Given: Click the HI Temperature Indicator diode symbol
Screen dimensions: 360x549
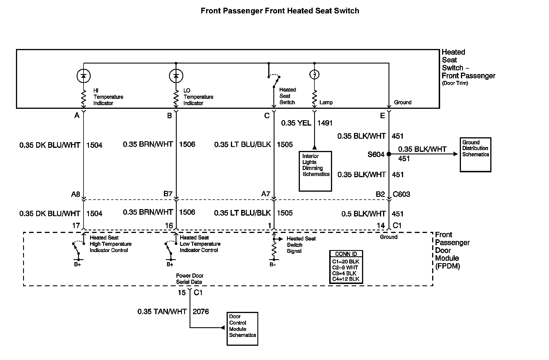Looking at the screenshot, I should (84, 76).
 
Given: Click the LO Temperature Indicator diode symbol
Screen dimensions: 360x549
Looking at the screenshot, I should (176, 76).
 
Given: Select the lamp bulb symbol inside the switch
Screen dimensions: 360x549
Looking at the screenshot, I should (314, 75).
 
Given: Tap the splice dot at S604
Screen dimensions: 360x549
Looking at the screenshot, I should (389, 154).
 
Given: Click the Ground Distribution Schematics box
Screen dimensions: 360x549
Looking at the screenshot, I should (475, 155).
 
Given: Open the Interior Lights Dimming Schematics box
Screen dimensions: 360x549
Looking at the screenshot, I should (315, 171).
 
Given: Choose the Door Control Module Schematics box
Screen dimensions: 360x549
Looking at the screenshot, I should (242, 329).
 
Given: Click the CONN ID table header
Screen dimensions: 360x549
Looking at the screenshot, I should (346, 254).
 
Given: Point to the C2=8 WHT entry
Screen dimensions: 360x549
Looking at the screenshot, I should (345, 267).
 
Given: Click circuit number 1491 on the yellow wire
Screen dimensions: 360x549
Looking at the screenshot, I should (325, 123).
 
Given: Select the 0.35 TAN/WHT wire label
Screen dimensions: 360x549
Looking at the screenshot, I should (162, 312).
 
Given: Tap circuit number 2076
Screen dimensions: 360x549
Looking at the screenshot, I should (201, 312).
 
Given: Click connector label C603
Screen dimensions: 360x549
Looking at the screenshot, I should (401, 194).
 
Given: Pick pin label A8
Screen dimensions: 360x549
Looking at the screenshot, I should (76, 194).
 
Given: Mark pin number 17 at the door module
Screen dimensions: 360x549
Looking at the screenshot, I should (76, 226).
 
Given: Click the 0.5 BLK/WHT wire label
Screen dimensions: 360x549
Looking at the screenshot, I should (363, 214).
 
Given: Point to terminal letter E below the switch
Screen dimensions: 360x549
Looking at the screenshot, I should (383, 116).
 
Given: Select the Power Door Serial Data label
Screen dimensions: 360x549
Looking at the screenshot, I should (190, 279).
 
